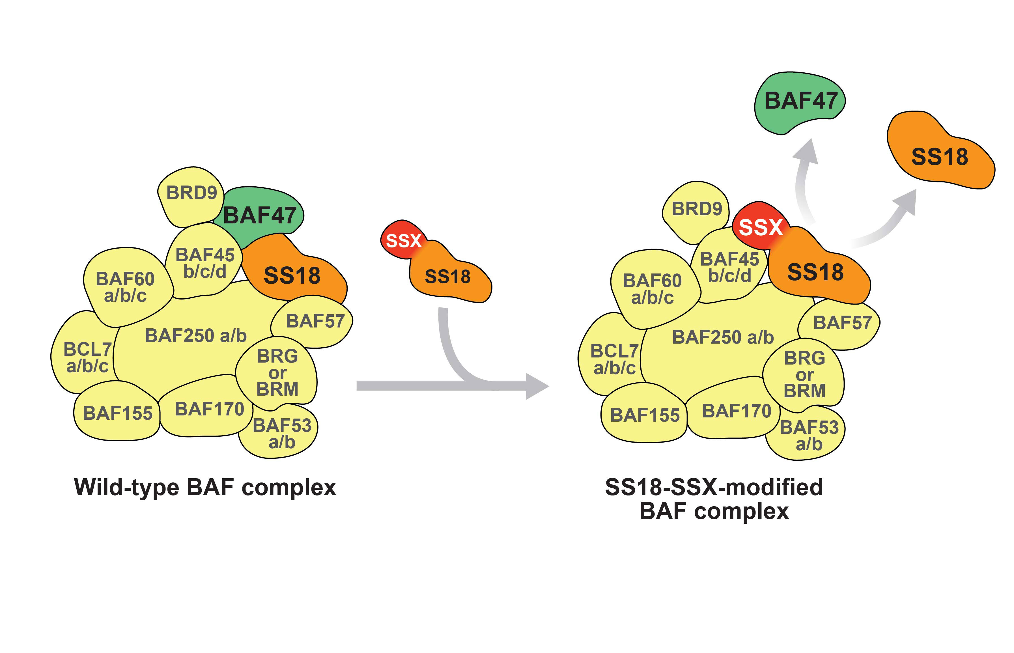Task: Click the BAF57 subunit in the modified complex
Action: [x=842, y=323]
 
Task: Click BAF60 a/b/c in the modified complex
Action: [x=652, y=288]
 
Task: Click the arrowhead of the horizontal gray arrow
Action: [x=537, y=386]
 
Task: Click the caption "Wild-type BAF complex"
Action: [x=205, y=487]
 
